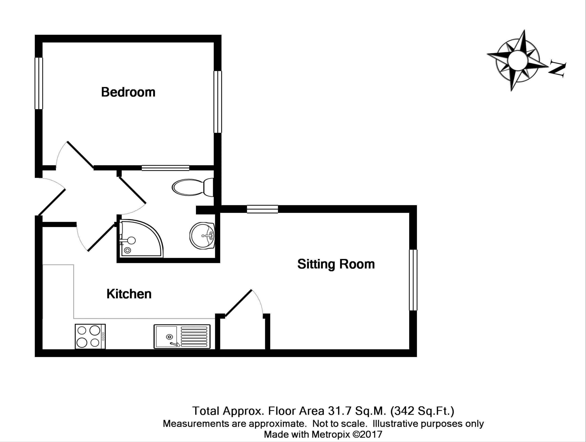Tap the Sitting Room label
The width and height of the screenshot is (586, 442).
click(336, 264)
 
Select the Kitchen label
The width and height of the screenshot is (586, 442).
click(129, 294)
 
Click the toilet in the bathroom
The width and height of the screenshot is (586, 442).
click(193, 187)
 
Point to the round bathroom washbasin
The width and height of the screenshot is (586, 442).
click(202, 235)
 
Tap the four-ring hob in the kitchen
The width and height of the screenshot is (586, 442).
click(90, 336)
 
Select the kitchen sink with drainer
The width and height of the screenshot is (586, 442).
click(182, 336)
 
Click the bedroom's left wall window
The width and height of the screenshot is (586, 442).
click(39, 83)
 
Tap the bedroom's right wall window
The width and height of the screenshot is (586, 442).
click(218, 102)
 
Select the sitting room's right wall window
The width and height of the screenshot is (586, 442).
click(413, 280)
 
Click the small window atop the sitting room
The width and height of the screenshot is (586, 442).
click(262, 209)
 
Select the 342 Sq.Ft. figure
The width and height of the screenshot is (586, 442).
click(422, 411)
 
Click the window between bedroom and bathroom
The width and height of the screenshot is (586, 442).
click(165, 168)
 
